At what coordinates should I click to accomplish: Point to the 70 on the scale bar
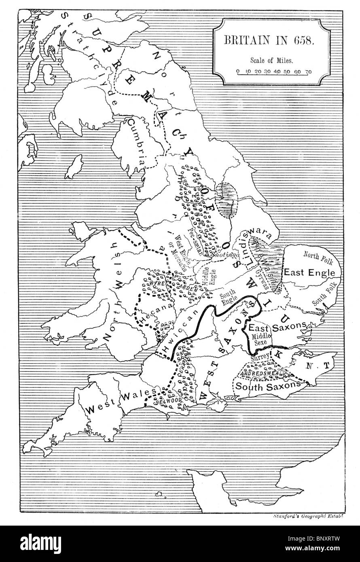308,72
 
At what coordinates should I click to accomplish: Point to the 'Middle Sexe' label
260,339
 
